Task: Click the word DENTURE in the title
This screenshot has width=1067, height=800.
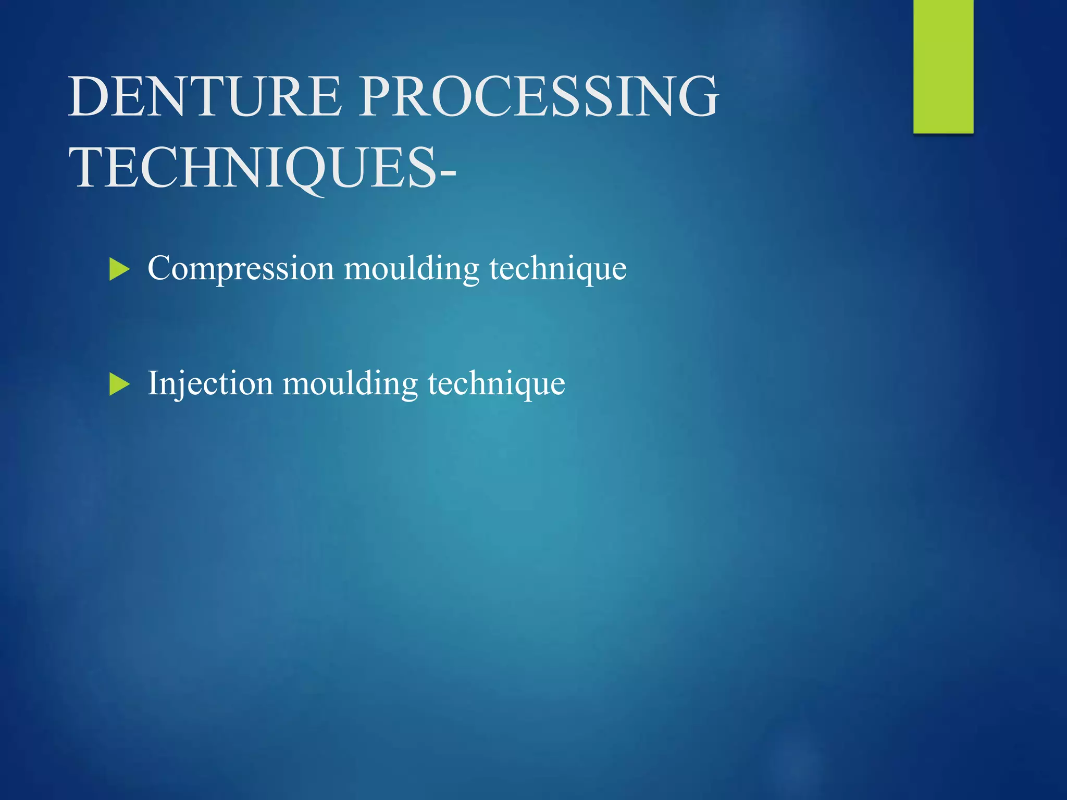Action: click(205, 96)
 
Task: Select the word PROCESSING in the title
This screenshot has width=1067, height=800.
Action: click(539, 96)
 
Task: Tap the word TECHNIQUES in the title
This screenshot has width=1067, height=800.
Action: click(253, 168)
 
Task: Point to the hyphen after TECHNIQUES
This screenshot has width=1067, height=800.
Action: click(448, 172)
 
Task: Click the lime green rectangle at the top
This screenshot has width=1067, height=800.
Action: click(943, 66)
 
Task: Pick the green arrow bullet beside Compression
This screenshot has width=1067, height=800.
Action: click(119, 270)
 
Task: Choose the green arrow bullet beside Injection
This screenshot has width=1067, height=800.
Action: click(119, 385)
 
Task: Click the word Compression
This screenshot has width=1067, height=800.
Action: click(240, 269)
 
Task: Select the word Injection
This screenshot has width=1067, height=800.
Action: click(210, 384)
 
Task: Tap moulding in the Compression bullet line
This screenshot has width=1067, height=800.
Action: click(411, 269)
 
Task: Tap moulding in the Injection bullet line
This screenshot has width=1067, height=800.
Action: click(350, 384)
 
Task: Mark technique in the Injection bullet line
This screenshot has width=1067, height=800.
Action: click(496, 384)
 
